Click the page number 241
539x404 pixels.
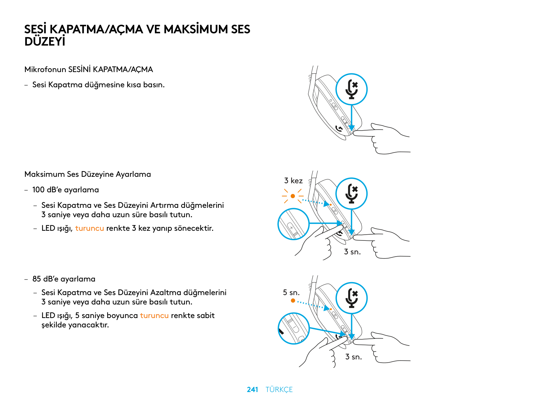click(252, 389)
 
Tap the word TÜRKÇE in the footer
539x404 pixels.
click(279, 389)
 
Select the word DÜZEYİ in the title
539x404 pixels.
click(45, 42)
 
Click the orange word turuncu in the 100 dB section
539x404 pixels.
click(90, 228)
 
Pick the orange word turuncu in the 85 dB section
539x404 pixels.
click(154, 315)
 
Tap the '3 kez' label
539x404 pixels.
click(293, 181)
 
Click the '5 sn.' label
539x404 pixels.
click(291, 292)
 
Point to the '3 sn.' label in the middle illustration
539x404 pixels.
click(352, 252)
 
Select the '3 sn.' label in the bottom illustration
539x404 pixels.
click(353, 357)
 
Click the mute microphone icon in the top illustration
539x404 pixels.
click(351, 89)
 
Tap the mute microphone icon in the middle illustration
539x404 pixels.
click(351, 194)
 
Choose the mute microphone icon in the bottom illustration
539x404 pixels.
click(351, 298)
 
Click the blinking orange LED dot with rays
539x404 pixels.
click(293, 196)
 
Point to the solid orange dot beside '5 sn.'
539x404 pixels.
click(293, 301)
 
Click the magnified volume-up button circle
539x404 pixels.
click(294, 224)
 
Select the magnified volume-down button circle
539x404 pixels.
click(294, 328)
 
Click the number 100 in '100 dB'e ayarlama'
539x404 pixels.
click(38, 190)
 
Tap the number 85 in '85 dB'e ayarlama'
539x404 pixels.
click(37, 279)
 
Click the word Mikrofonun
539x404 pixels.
click(45, 69)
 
